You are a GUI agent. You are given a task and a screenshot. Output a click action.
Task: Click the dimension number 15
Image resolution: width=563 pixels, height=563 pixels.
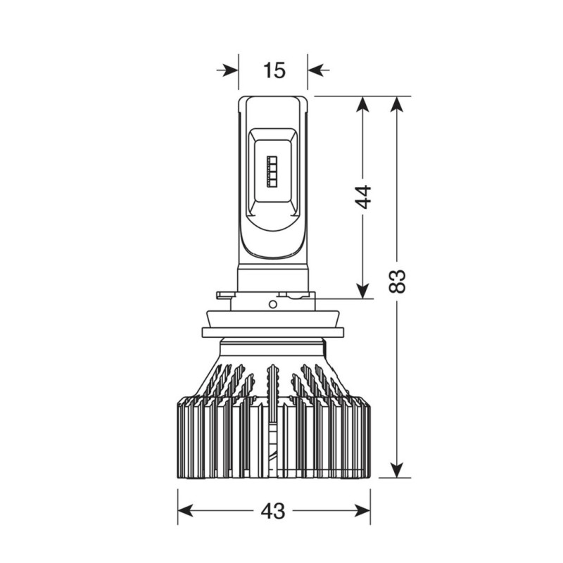coord(274,70)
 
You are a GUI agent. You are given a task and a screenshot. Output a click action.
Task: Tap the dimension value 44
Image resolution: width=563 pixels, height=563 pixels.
coord(363,196)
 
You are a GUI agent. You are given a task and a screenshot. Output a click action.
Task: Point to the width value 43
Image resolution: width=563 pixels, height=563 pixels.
coord(274,511)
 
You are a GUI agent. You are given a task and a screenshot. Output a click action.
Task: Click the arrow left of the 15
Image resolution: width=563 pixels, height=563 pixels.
coord(227,70)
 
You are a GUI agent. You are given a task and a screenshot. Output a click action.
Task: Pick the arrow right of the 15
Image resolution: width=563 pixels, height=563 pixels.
coord(319,70)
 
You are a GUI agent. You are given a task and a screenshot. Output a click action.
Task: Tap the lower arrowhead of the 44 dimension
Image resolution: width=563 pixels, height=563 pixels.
coord(363,290)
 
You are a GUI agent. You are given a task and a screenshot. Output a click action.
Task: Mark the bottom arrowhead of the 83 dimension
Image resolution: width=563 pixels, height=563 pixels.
coord(397,469)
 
